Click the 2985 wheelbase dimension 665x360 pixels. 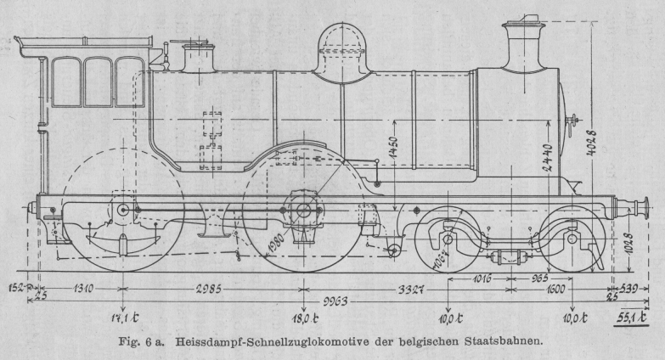click(207, 288)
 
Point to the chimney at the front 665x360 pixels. click(524, 42)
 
